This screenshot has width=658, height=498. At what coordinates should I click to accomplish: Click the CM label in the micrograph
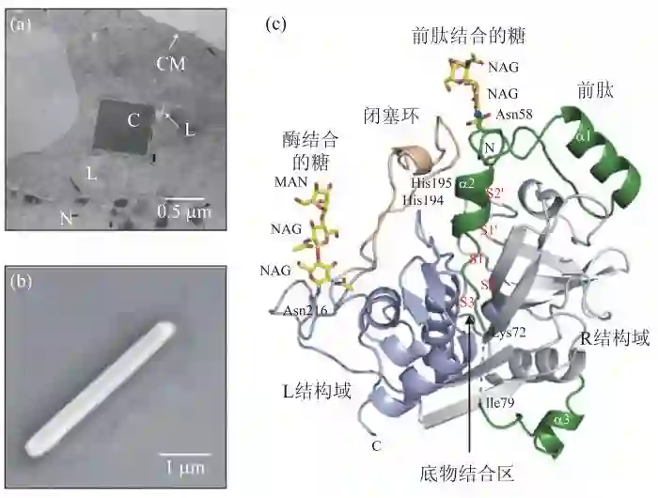coord(170,64)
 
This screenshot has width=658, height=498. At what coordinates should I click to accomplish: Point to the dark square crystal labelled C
coord(123,126)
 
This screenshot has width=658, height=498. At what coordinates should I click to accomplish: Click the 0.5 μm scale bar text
coord(183,211)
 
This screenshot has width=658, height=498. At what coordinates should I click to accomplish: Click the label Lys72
coord(508,335)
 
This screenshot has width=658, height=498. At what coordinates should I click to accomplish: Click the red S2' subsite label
coord(494,193)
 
